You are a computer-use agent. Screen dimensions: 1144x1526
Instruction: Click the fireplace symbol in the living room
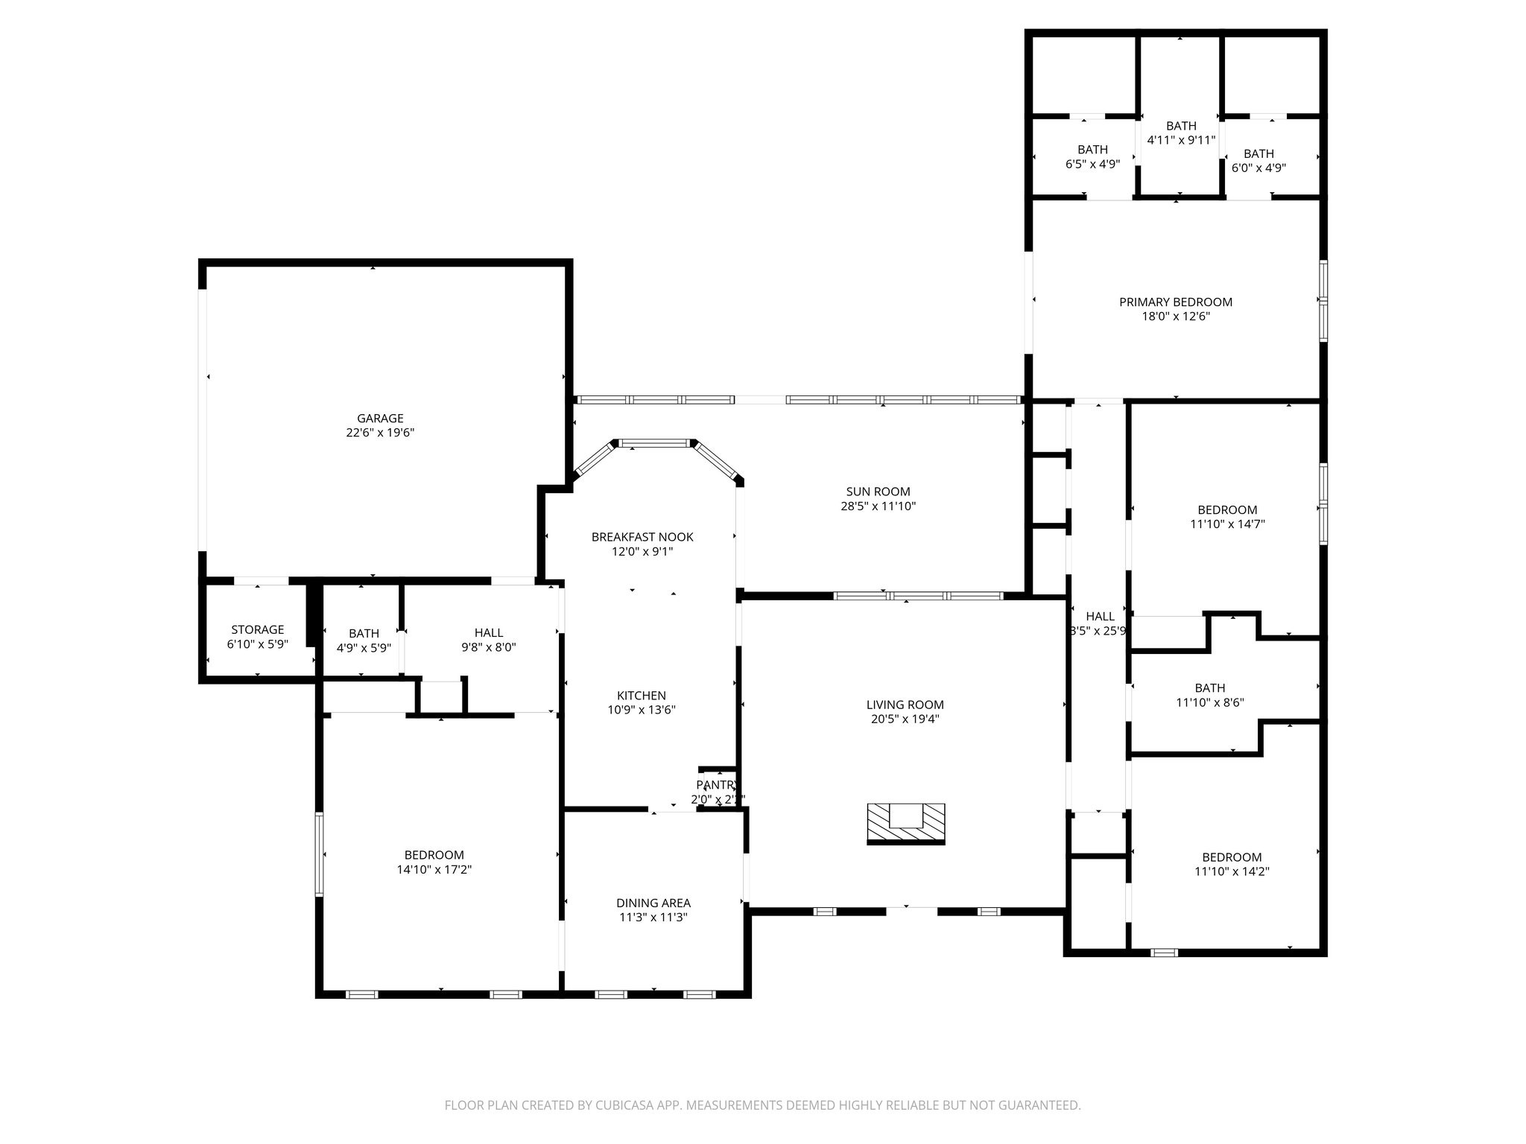906,823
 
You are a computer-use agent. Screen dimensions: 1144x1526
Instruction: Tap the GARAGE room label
380,419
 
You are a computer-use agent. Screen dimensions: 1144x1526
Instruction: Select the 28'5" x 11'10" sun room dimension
878,506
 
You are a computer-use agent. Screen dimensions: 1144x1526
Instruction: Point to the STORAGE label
257,630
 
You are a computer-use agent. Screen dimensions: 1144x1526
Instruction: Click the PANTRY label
715,785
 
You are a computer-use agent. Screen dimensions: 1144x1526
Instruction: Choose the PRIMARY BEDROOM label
1176,302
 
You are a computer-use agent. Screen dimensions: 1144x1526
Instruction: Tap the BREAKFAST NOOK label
642,537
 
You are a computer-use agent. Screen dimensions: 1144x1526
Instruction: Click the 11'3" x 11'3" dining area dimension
653,918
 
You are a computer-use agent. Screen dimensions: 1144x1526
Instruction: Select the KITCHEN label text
642,696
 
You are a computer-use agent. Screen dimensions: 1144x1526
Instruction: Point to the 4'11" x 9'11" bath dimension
1181,140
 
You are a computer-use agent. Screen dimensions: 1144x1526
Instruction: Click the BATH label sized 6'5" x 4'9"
1092,150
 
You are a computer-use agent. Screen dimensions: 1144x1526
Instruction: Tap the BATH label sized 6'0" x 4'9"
1259,154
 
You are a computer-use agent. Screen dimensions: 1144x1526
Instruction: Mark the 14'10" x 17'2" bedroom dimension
434,869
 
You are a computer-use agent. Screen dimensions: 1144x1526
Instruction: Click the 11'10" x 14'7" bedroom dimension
1227,524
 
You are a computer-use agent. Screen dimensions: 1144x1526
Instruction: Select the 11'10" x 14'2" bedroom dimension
1232,871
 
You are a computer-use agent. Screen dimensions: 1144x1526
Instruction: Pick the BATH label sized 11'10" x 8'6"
1210,688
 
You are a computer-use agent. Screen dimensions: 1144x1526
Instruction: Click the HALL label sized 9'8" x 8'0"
489,633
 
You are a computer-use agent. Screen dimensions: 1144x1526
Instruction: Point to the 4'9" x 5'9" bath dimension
364,648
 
